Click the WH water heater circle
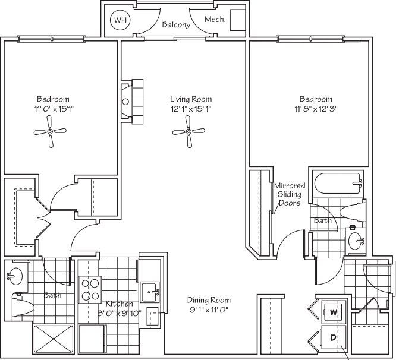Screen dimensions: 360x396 (x=121, y=20)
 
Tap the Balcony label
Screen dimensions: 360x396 (x=175, y=25)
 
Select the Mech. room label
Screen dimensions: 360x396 (x=214, y=20)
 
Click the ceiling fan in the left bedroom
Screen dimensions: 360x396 (x=52, y=132)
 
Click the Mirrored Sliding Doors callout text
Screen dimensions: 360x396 (x=289, y=194)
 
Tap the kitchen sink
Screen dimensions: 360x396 (x=149, y=292)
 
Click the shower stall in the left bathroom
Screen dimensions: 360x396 (x=55, y=339)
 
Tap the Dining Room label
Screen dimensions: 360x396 (x=209, y=300)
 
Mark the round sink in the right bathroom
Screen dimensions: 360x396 (x=356, y=241)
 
